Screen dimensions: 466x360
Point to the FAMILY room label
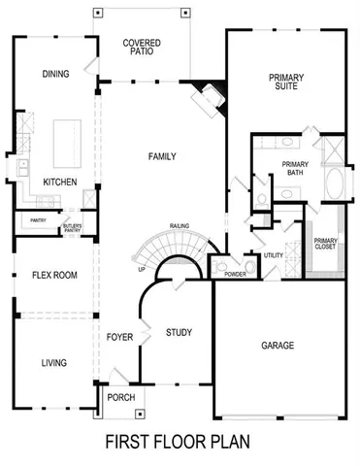[x=161, y=155]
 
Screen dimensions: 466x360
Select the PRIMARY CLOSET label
[x=326, y=246]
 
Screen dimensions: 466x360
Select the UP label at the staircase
[x=142, y=269]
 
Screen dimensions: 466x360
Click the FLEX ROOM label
[x=53, y=275]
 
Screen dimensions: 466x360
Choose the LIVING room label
[x=54, y=363]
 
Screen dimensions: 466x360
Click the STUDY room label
[x=179, y=332]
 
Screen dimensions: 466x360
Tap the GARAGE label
[x=278, y=345]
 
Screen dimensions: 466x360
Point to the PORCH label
[x=121, y=397]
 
